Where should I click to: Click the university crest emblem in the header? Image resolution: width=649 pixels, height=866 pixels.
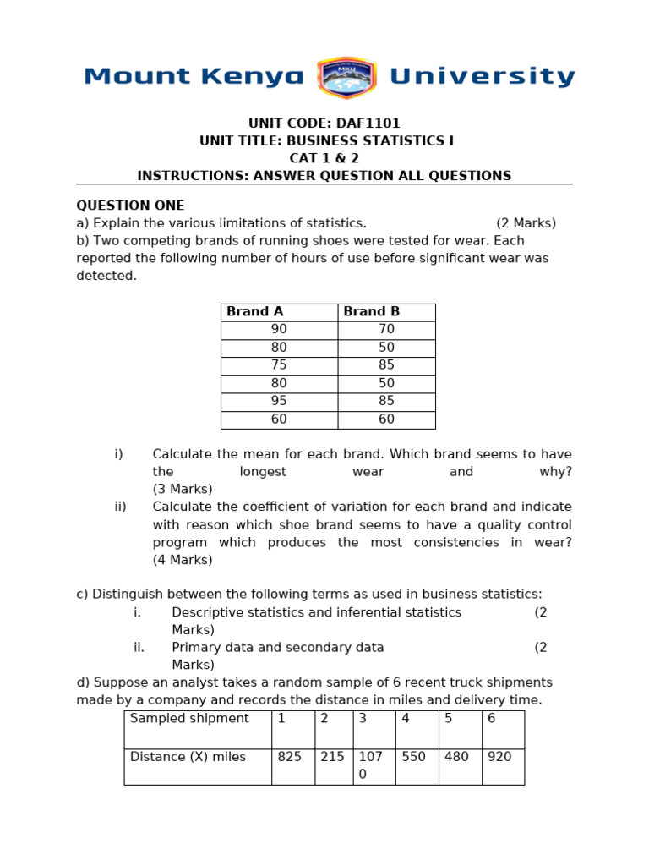pyautogui.click(x=346, y=78)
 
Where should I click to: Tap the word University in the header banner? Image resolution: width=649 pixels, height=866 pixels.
pyautogui.click(x=482, y=77)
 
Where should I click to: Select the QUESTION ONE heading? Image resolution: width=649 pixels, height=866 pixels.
pyautogui.click(x=130, y=206)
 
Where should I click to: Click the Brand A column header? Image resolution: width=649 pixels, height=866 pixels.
pyautogui.click(x=255, y=312)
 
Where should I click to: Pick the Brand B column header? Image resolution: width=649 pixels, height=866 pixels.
pyautogui.click(x=372, y=312)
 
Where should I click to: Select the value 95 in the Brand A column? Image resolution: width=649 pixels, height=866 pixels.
pyautogui.click(x=279, y=401)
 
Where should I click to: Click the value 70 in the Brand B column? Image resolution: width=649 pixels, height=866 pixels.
pyautogui.click(x=387, y=330)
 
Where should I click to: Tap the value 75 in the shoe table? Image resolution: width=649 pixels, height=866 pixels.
pyautogui.click(x=279, y=365)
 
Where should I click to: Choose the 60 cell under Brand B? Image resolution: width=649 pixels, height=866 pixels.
pyautogui.click(x=387, y=419)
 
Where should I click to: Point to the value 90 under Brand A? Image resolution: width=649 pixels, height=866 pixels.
pyautogui.click(x=279, y=330)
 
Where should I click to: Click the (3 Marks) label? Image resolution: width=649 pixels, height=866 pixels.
pyautogui.click(x=183, y=489)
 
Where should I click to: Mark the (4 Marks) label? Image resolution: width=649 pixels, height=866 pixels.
pyautogui.click(x=183, y=560)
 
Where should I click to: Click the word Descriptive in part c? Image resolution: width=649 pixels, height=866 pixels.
pyautogui.click(x=208, y=612)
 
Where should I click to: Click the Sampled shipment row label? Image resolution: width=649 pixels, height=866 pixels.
pyautogui.click(x=189, y=719)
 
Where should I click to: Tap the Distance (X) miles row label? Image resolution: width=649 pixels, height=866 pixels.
pyautogui.click(x=188, y=757)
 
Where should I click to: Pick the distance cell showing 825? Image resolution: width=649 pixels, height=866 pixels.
pyautogui.click(x=290, y=757)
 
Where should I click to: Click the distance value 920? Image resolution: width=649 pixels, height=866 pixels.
pyautogui.click(x=499, y=757)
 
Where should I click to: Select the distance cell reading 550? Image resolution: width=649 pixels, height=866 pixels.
pyautogui.click(x=414, y=757)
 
